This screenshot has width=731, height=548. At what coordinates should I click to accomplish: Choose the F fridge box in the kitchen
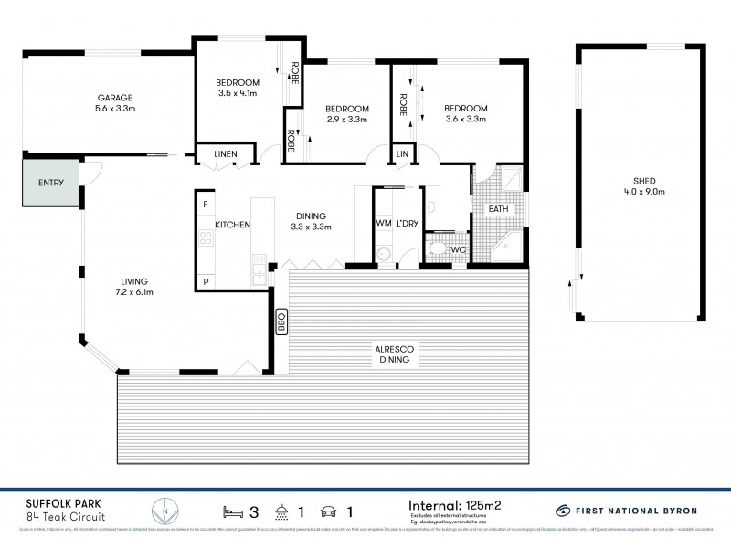tap(206, 204)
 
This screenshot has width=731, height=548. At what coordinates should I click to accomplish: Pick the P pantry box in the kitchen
tap(206, 281)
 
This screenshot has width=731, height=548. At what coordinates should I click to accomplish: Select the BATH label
tap(498, 209)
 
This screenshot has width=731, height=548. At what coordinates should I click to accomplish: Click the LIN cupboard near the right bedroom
tap(402, 154)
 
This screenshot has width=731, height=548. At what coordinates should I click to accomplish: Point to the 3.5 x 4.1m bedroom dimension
tap(238, 92)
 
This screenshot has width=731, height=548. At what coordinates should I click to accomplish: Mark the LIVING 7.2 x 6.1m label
tap(133, 287)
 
